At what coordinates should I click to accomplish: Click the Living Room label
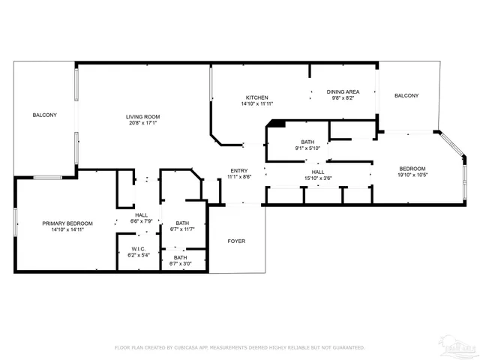click(142, 116)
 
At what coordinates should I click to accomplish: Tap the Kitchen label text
click(257, 97)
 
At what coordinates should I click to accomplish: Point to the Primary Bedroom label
click(67, 223)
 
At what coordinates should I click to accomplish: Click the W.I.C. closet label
click(138, 249)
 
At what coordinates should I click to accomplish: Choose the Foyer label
click(237, 241)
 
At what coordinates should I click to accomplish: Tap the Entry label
click(239, 170)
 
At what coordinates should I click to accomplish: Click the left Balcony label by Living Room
click(44, 115)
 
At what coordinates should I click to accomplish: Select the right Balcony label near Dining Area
click(406, 95)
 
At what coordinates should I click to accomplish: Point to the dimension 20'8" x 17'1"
click(142, 123)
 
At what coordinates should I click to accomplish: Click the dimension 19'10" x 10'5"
click(412, 175)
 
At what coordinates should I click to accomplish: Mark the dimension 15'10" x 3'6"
click(318, 178)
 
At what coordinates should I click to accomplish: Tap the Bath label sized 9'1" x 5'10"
click(307, 142)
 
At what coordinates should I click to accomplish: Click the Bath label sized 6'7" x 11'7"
click(182, 223)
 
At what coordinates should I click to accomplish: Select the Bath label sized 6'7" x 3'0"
click(181, 257)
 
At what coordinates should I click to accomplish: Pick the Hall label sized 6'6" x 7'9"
click(142, 215)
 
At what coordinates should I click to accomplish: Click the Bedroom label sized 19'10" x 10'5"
click(412, 168)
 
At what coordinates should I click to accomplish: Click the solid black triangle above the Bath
click(277, 124)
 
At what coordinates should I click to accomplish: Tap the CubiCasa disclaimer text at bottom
click(239, 347)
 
